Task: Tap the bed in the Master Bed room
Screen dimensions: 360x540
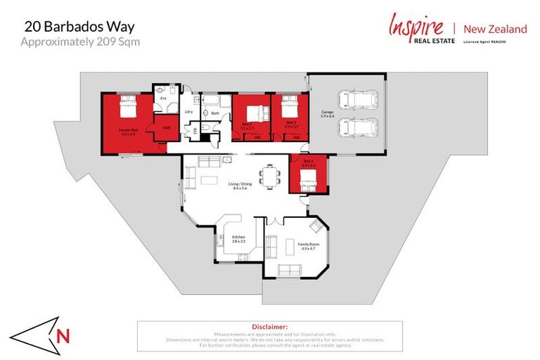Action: [127, 109]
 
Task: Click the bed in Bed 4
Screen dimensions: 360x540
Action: [308, 184]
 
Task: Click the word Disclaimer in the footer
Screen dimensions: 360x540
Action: [270, 327]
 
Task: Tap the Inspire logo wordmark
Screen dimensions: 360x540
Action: [416, 27]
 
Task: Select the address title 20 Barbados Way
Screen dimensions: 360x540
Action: [79, 27]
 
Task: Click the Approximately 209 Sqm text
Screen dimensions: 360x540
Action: [79, 41]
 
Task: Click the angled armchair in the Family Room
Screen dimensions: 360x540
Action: [319, 226]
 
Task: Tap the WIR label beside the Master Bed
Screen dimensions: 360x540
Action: [166, 127]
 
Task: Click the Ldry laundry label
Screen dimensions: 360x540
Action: [188, 112]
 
